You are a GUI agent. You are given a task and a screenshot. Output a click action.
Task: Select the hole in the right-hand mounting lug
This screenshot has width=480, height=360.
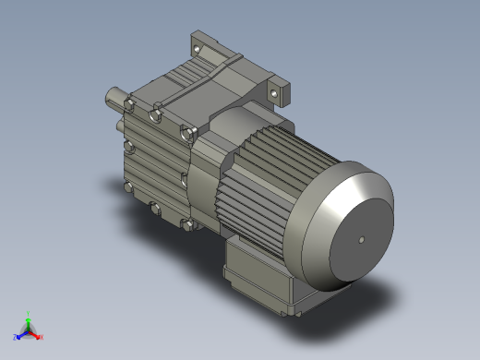point(274,91)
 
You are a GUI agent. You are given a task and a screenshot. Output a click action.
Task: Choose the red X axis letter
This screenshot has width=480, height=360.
point(42,337)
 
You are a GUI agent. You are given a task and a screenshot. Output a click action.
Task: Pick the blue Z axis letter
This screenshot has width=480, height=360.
point(16,338)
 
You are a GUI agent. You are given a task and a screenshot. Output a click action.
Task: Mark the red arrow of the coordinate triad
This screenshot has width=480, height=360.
point(36,333)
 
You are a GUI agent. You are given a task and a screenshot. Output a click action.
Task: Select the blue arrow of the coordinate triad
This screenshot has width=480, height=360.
point(21,334)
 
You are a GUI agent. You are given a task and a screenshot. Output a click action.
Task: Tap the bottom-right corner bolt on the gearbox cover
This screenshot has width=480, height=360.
point(187,224)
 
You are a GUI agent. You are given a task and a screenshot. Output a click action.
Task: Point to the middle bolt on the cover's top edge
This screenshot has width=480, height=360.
point(158,115)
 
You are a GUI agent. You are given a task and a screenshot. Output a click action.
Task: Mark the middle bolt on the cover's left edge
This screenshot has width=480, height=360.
point(127,148)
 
